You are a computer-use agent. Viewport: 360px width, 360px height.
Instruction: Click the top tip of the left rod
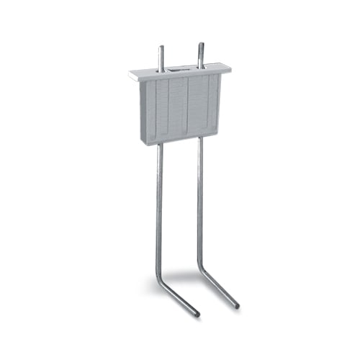[x=161, y=48]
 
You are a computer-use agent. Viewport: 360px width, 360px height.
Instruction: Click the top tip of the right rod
[x=200, y=45]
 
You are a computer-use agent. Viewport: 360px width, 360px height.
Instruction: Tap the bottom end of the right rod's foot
[x=237, y=307]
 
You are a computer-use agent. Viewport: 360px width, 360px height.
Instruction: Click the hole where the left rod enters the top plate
[x=161, y=71]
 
